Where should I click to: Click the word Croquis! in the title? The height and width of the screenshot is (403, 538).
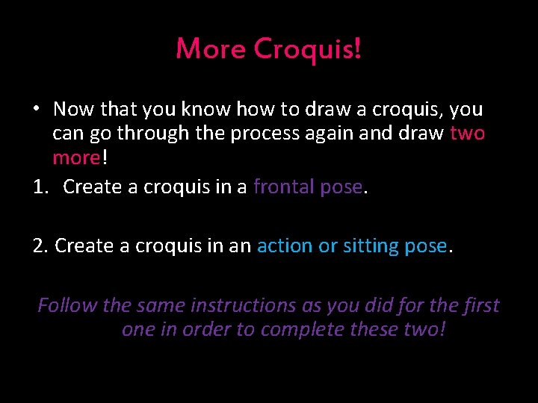308,49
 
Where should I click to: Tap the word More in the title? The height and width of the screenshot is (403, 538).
211,49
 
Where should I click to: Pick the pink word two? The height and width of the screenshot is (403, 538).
468,134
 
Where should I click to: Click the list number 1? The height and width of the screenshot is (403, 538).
41,187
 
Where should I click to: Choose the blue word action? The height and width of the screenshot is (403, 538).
285,246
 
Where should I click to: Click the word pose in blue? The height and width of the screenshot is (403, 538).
426,246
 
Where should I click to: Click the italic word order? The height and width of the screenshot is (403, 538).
204,329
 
